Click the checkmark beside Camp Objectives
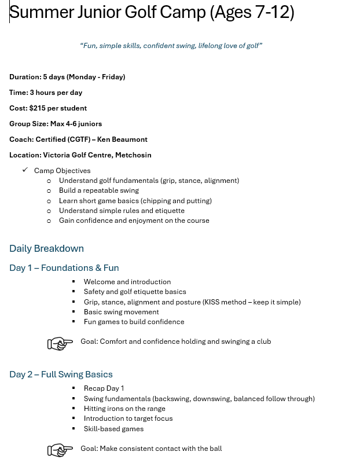pyautogui.click(x=25, y=170)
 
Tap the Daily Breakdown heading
pyautogui.click(x=46, y=248)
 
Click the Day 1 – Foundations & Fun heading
pyautogui.click(x=64, y=268)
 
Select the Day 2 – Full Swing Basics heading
pyautogui.click(x=61, y=374)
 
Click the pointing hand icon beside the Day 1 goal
pyautogui.click(x=60, y=344)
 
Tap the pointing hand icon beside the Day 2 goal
pyautogui.click(x=60, y=450)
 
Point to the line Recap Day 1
pyautogui.click(x=104, y=388)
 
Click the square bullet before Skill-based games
pyautogui.click(x=74, y=429)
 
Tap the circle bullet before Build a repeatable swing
pyautogui.click(x=49, y=190)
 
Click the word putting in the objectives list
pyautogui.click(x=199, y=201)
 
